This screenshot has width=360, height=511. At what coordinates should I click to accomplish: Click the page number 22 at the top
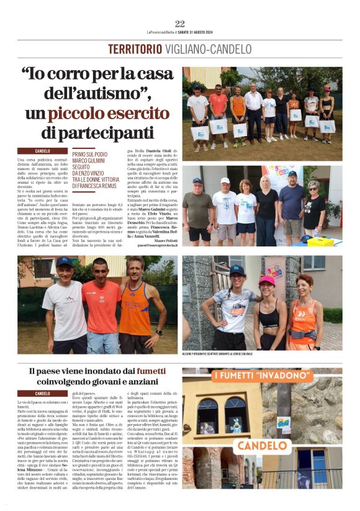pyautogui.click(x=180, y=24)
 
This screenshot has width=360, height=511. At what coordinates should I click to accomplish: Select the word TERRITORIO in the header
pyautogui.click(x=132, y=49)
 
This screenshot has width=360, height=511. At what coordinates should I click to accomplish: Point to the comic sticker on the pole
pyautogui.click(x=284, y=422)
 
